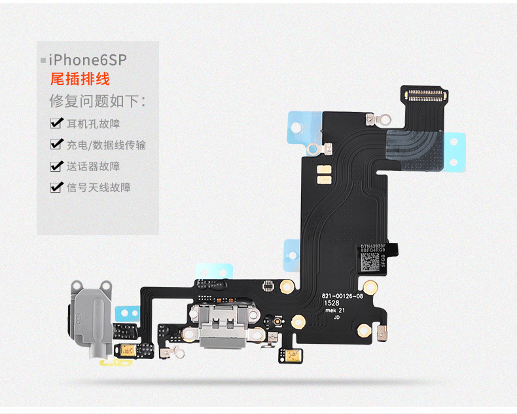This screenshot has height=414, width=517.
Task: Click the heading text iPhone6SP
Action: point(87,60)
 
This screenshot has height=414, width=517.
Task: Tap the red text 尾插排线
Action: point(80,80)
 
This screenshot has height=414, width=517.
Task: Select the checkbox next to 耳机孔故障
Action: point(56,123)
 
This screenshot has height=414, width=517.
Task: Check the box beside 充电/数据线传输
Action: point(56,145)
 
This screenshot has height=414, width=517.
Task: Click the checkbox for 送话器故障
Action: point(56,166)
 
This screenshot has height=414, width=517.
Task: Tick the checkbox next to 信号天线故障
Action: point(56,187)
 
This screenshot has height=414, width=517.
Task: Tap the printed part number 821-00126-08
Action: point(342,296)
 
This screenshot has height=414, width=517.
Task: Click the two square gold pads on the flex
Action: point(322,172)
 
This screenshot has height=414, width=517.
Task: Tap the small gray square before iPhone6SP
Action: point(43,61)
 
